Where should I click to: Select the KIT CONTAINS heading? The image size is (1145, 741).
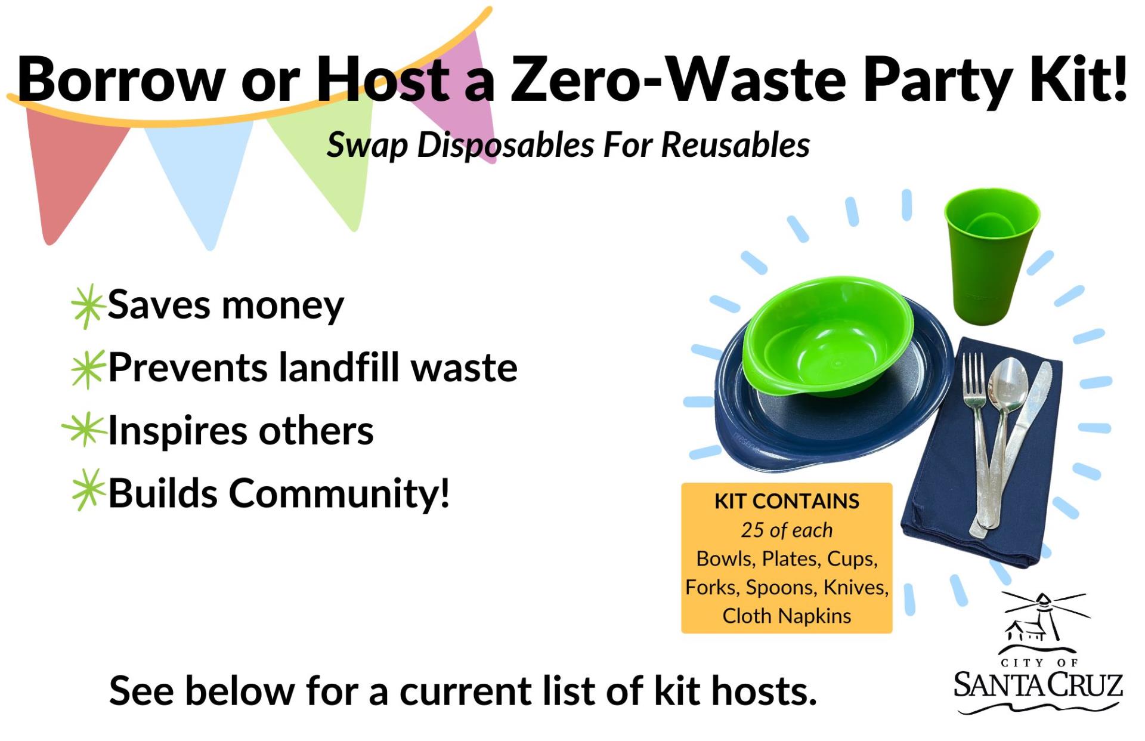(787, 501)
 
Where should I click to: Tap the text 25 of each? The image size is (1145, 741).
(787, 530)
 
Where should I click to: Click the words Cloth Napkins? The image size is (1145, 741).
(787, 616)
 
